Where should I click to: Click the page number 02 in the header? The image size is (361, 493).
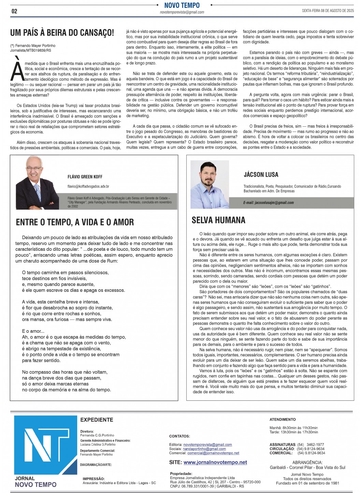coord(14,11)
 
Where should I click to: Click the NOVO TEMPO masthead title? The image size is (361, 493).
coord(182,5)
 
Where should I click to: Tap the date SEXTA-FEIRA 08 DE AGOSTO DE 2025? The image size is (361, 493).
coord(328,11)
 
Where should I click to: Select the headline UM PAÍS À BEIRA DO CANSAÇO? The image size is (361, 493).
coord(62,33)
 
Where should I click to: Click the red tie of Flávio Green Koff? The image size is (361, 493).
coord(38,191)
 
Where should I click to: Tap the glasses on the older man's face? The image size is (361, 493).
coord(34,168)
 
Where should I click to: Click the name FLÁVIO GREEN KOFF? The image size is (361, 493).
coord(85,177)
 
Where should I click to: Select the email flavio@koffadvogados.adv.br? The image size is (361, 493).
coord(88,186)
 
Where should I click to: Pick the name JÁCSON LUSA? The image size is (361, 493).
coord(261,175)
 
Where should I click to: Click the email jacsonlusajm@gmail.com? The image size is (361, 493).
coord(268,203)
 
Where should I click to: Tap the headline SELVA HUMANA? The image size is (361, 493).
coord(218,220)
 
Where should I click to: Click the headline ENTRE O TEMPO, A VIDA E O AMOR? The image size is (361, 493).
coord(75,222)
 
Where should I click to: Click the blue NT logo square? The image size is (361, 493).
coord(45,444)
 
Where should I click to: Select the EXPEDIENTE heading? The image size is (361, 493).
coord(97,420)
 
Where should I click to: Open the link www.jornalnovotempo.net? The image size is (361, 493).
coord(215,462)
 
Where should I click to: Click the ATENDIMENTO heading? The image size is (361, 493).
coord(283,419)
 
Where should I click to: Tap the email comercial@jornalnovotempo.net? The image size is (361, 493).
coord(213,453)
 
